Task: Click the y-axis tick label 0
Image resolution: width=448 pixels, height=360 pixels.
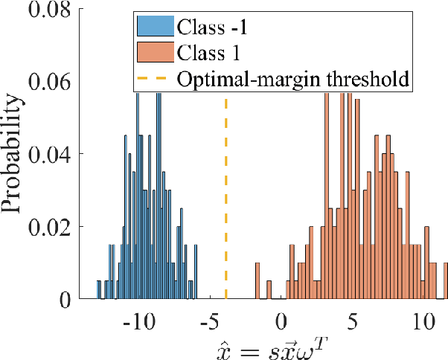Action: coord(66,299)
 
